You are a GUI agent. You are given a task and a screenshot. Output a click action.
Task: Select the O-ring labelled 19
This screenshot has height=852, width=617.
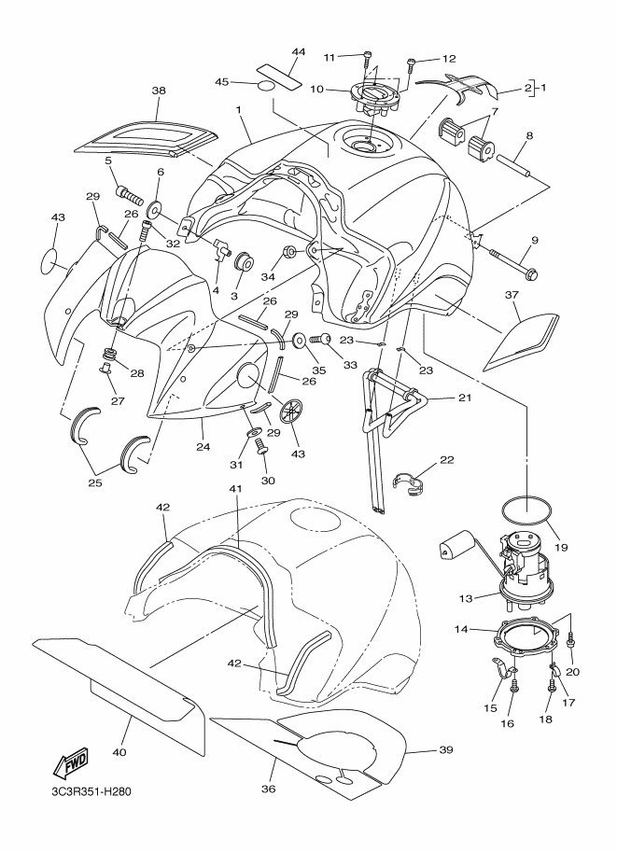526,512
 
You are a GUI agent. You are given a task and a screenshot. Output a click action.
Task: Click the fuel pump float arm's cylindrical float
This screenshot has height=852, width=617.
453,544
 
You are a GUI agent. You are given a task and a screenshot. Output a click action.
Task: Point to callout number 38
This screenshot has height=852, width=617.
159,91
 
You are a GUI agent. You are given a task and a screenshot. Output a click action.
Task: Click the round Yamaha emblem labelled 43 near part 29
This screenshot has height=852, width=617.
293,411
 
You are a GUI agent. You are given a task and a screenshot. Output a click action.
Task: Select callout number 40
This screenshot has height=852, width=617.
119,751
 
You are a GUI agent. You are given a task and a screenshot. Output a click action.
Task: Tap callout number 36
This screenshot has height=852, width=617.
270,789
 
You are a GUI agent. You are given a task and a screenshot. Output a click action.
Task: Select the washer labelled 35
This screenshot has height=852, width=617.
300,341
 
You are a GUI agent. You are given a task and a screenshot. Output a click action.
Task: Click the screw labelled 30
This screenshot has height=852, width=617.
262,446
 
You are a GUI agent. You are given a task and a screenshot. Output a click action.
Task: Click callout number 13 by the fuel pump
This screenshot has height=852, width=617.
466,598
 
